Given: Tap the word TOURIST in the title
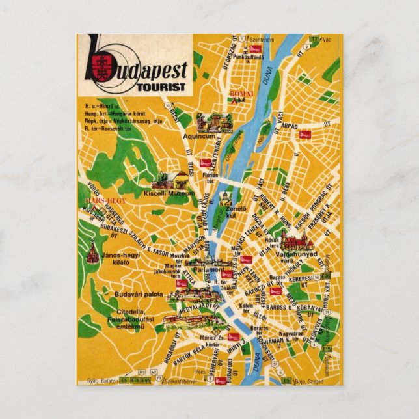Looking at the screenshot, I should [161, 86].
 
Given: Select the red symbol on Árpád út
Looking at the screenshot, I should [304, 135].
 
